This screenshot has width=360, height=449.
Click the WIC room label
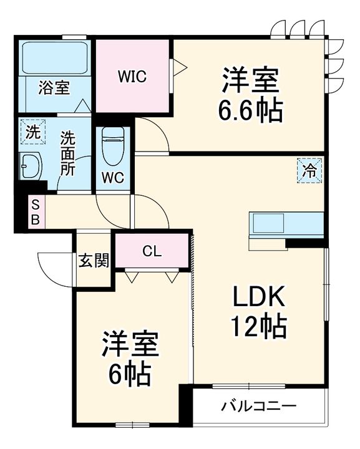132,77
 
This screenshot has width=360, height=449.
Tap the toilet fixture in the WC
113,146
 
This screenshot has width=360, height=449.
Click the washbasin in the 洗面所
31,167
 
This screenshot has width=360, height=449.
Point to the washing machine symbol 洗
33,132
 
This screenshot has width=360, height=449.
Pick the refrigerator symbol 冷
309,171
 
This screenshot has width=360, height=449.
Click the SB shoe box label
35,212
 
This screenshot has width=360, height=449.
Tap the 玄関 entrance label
94,260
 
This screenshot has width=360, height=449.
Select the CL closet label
152,251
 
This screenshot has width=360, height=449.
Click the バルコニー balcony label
259,406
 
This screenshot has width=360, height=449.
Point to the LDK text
258,296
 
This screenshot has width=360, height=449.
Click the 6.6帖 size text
250,110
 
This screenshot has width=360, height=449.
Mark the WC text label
113,178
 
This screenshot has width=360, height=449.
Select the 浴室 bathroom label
54,88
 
